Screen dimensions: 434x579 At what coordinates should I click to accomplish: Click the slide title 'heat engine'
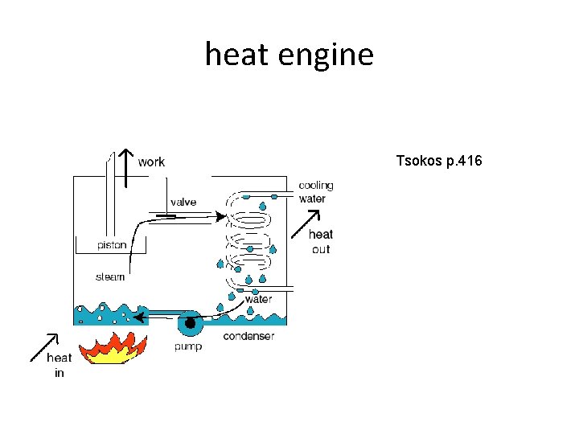289,55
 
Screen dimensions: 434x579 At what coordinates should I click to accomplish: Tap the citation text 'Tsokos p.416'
439,162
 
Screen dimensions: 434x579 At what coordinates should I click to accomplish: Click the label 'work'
151,162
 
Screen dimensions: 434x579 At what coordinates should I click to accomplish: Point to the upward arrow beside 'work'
125,166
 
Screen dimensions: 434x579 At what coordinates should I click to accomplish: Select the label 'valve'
183,202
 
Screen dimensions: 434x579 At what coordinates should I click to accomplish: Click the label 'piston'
112,245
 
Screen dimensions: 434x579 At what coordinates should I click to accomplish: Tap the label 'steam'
110,277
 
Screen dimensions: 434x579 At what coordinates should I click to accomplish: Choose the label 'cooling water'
315,192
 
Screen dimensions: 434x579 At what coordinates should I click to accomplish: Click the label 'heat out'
320,241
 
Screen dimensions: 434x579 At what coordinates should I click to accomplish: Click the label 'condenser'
248,336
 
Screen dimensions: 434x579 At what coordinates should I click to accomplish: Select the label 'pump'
188,346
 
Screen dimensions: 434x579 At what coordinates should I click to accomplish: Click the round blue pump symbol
191,323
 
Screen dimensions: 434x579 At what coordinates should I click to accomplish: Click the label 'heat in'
59,365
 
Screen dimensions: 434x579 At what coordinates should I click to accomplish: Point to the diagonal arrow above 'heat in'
44,345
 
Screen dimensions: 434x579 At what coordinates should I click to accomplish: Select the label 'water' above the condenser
258,299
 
